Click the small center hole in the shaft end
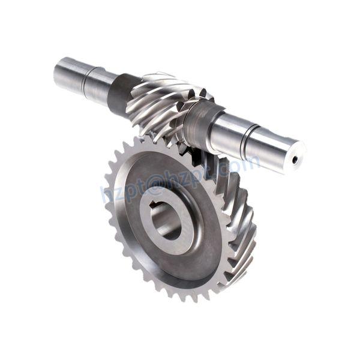pos(294,160)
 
